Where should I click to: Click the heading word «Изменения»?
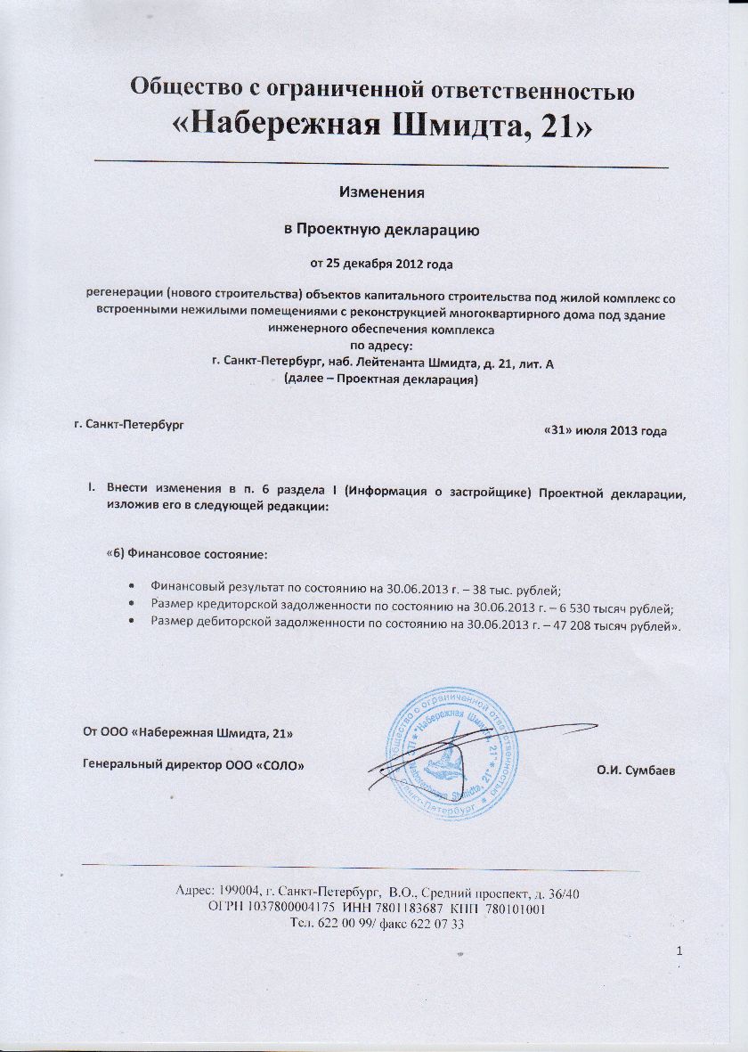coord(382,192)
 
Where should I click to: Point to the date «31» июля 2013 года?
coord(605,431)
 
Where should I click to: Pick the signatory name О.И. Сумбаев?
coord(635,768)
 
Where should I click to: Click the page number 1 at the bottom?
coord(680,953)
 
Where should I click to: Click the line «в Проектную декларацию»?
coord(382,229)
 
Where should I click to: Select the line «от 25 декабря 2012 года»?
coord(382,264)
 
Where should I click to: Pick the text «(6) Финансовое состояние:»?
coord(186,554)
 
